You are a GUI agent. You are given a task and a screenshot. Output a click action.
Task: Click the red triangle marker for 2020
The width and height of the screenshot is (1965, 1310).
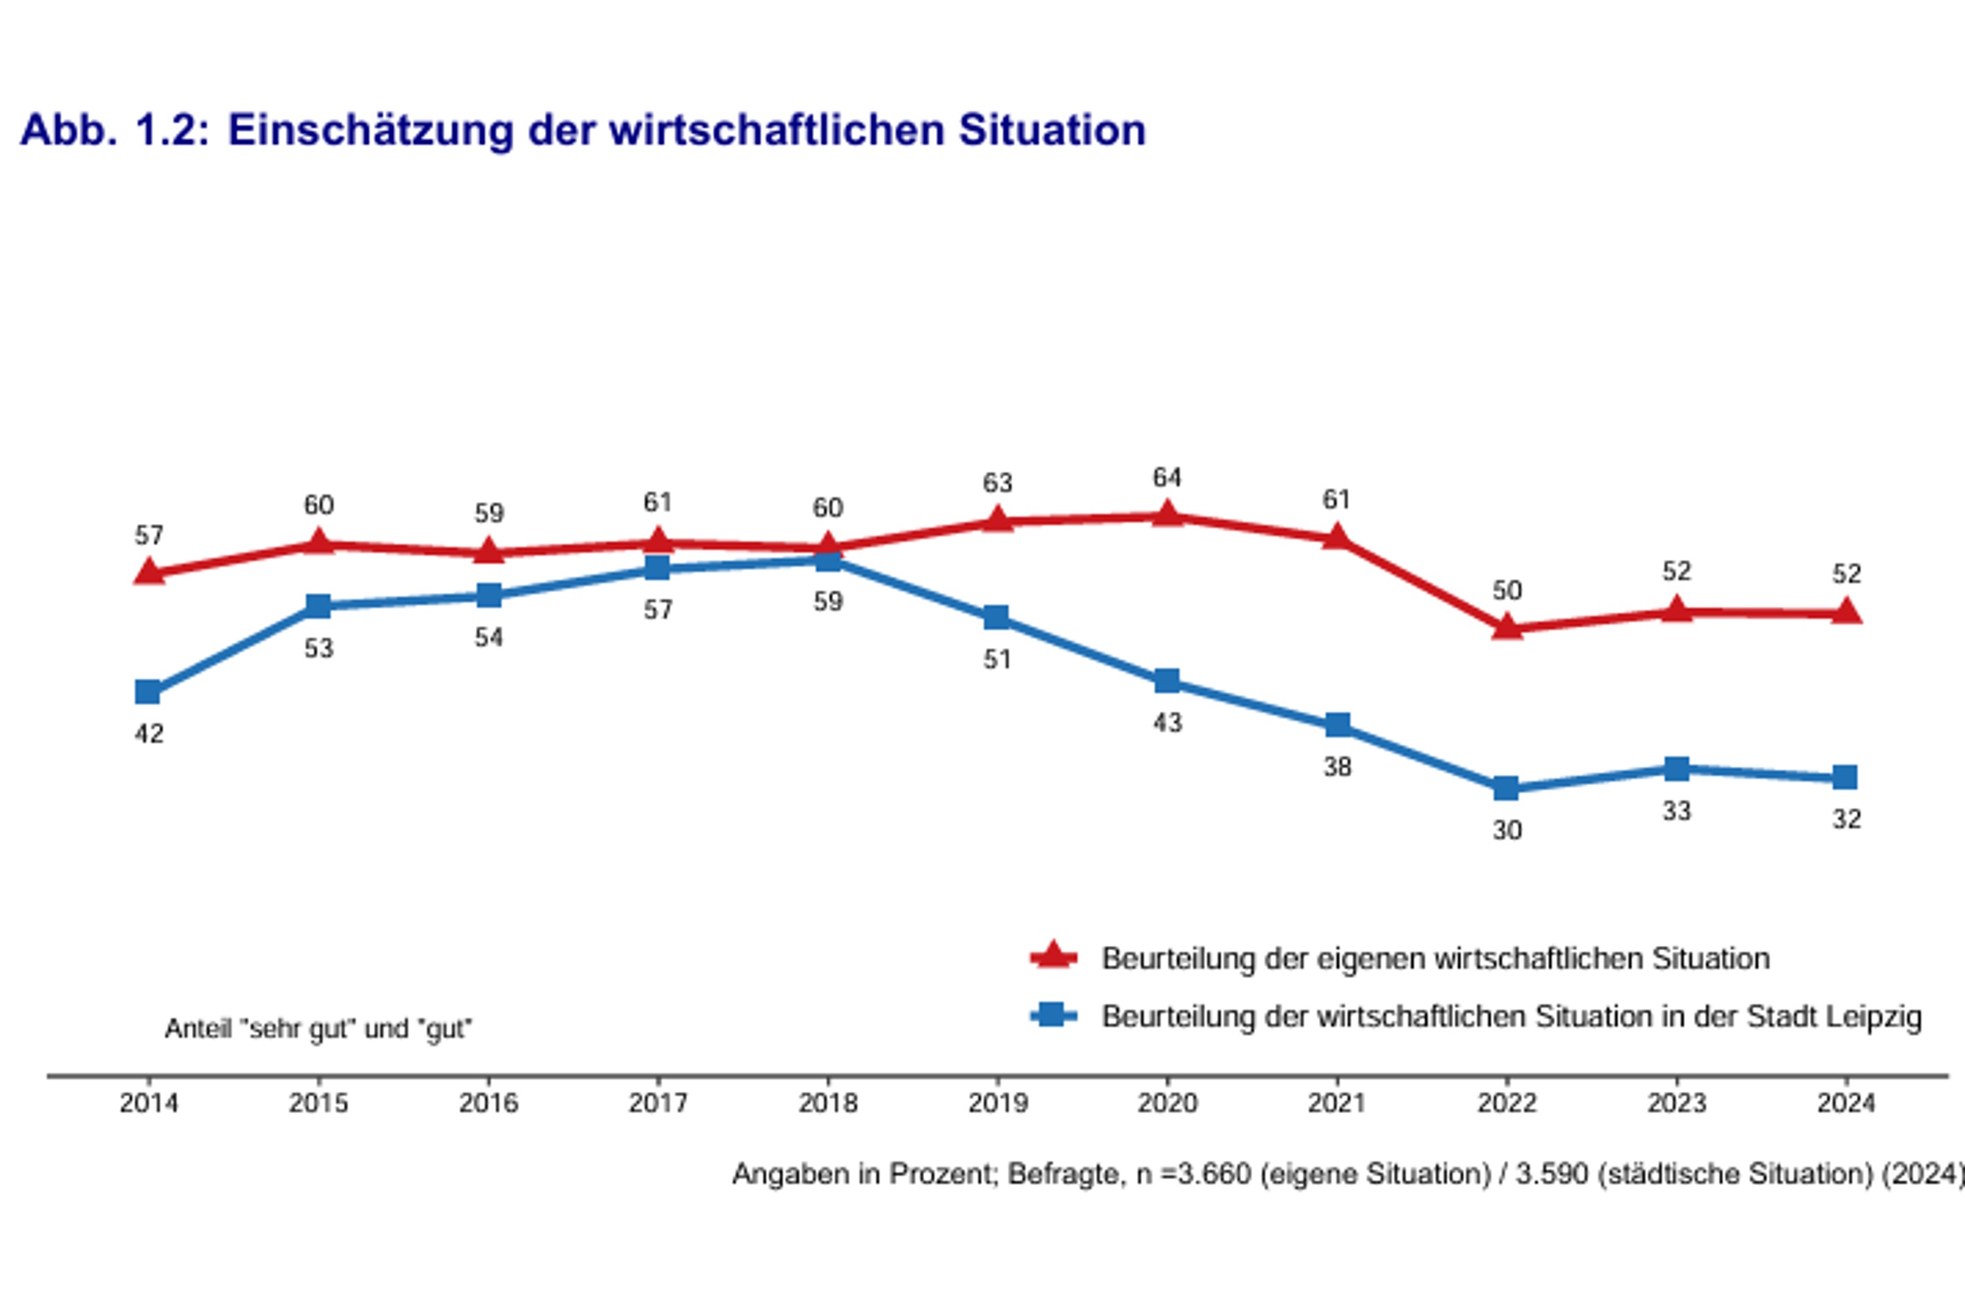(1167, 515)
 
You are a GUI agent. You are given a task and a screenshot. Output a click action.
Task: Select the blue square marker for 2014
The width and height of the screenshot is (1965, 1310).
(148, 692)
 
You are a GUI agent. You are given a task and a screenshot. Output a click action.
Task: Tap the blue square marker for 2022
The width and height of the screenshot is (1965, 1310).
(1506, 788)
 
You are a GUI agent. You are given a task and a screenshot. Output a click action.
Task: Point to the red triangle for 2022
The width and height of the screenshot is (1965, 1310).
(1506, 627)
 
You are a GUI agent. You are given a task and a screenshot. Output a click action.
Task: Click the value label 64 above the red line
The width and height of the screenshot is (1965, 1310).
(1167, 478)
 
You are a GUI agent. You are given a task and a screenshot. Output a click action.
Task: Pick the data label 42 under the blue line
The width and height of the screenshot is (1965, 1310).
(148, 734)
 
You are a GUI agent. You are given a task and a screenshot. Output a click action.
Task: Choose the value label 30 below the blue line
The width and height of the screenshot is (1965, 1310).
(1506, 830)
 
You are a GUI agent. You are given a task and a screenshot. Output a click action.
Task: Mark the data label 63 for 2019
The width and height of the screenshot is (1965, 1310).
(997, 483)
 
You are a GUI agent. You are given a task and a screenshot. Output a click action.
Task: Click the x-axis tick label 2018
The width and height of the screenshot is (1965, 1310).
(828, 1103)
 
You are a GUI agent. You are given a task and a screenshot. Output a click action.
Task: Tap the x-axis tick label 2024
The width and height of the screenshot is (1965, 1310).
(1845, 1103)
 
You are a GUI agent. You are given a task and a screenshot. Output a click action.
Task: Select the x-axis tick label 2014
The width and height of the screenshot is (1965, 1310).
(148, 1103)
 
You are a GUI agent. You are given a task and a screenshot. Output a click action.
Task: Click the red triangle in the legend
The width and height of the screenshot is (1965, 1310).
(1053, 956)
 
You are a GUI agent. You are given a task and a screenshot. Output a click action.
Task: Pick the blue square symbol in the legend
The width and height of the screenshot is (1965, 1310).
(1053, 1015)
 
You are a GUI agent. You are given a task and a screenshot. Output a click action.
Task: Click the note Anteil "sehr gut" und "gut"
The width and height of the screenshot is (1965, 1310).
(318, 1029)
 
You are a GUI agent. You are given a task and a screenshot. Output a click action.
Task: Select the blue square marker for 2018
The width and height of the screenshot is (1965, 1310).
(828, 559)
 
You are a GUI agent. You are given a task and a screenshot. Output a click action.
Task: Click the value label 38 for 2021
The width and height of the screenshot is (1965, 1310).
(1337, 767)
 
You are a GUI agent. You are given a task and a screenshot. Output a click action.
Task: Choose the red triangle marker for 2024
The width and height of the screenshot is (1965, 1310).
(1845, 612)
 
